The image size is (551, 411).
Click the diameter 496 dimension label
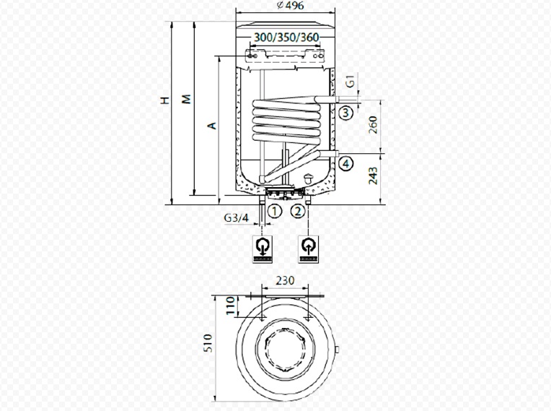pos(290,6)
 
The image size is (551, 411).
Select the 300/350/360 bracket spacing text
pos(286,38)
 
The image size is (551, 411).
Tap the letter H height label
pos(165,100)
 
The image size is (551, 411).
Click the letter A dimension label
pos(212,126)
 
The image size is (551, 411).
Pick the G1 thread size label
pos(351,82)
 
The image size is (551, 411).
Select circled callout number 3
pos(345,113)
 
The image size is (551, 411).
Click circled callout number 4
pos(346,164)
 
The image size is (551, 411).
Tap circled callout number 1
pos(275,212)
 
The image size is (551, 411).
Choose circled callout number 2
pos(298,212)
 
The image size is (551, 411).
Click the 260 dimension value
pos(373,124)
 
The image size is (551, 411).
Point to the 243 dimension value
pos(373,176)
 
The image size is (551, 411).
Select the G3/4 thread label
pos(236,218)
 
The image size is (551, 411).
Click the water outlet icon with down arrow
pos(263,248)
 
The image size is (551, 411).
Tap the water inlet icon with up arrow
pos(308,248)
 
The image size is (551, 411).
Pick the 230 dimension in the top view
pos(285,281)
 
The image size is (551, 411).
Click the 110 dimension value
pos(230,306)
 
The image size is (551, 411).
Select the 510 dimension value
pos(208,343)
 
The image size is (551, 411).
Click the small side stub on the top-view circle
pos(337,350)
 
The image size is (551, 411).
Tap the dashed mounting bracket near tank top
pos(285,56)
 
